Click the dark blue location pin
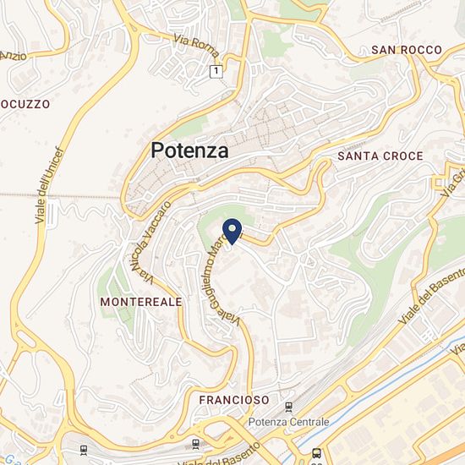232,229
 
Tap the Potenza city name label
189,151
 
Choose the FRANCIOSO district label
234,399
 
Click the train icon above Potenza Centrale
292,406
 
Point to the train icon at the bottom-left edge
83,451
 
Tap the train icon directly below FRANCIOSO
196,442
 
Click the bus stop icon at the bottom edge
316,452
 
